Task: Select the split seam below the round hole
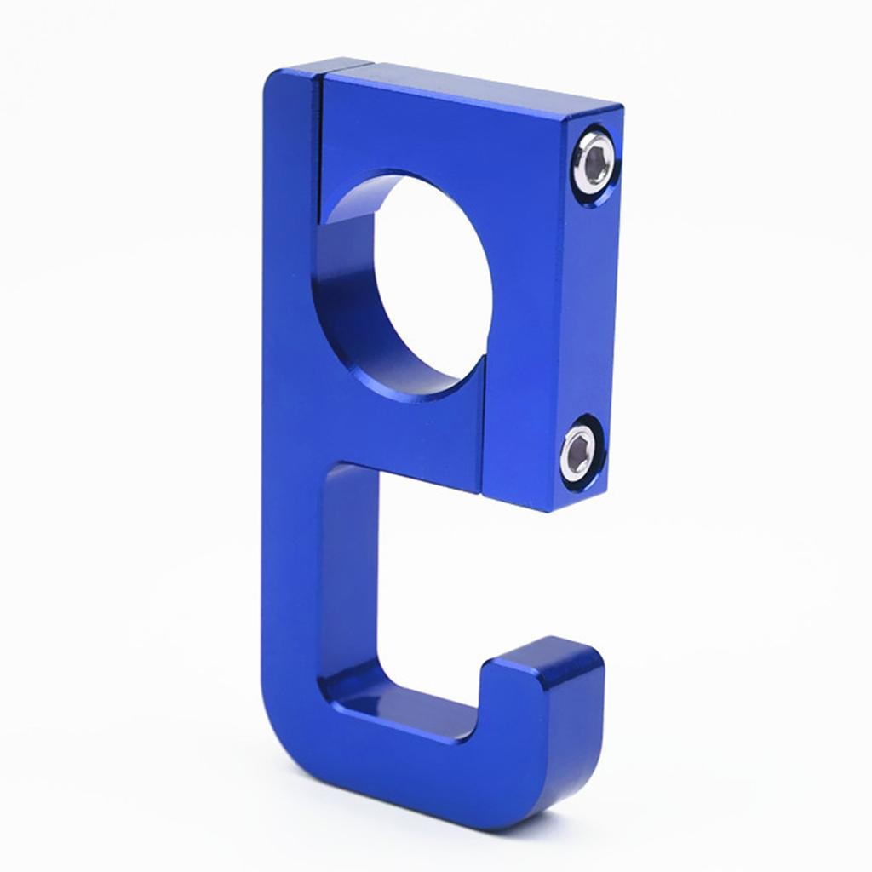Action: pos(484,426)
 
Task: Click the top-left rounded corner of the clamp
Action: pos(277,81)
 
